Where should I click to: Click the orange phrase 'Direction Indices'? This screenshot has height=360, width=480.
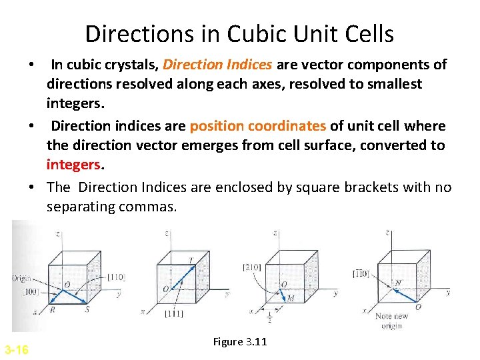(217, 65)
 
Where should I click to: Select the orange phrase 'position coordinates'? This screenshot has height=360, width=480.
(257, 127)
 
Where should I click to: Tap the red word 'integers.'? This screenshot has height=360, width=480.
(74, 164)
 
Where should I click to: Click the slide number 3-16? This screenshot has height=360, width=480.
(16, 349)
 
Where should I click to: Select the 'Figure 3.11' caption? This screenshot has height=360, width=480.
(240, 342)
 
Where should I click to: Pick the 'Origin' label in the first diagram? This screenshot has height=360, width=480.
(21, 278)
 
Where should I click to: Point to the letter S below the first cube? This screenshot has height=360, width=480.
(87, 309)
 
